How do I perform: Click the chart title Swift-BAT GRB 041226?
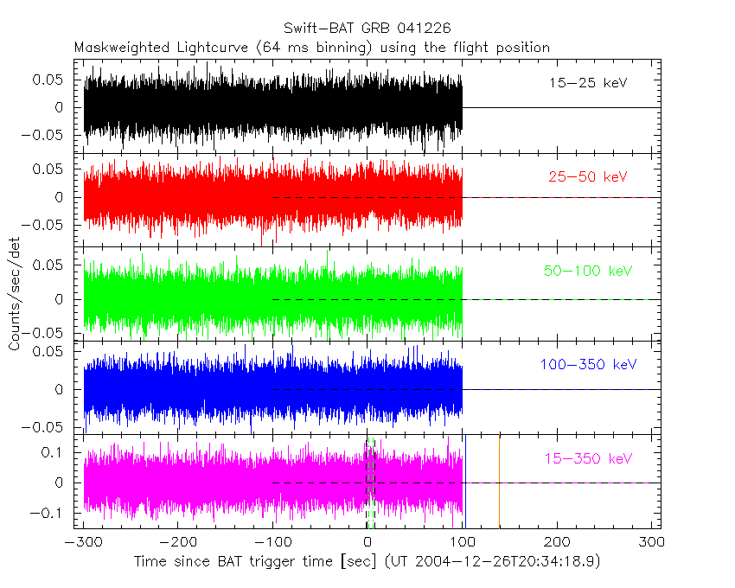[367, 29]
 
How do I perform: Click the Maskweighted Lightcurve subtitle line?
[312, 47]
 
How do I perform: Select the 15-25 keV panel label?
[588, 84]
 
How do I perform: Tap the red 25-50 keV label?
[588, 177]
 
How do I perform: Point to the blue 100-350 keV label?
[588, 365]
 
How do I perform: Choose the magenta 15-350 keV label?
[588, 458]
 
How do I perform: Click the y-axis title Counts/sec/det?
[15, 294]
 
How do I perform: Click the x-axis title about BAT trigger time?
[367, 561]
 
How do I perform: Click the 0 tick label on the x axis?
[367, 542]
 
